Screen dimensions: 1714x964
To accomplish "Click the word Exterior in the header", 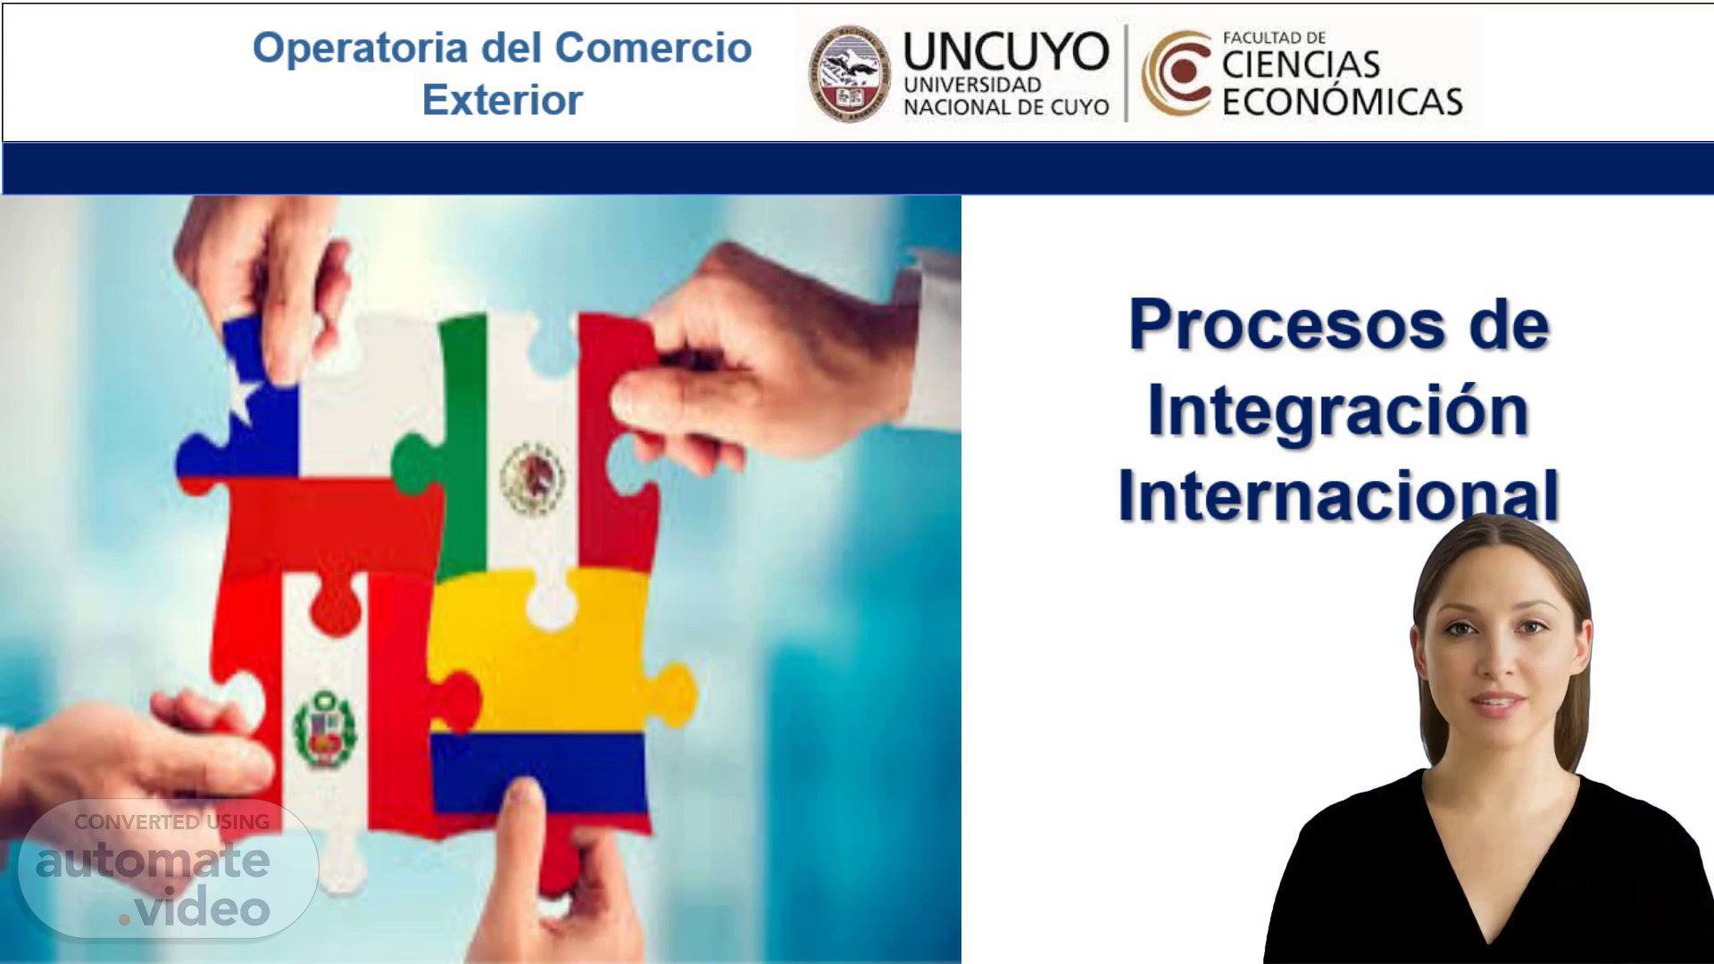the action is pos(502,99).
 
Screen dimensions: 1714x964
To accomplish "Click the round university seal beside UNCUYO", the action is pos(850,73).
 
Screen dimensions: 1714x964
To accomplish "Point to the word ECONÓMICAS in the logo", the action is pos(1342,102).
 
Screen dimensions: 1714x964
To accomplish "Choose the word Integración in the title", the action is pos(1337,411).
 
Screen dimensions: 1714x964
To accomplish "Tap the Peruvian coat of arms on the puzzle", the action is pos(324,728).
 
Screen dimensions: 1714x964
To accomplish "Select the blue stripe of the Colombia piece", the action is pos(538,771).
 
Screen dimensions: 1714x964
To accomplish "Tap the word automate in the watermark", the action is pos(153,860).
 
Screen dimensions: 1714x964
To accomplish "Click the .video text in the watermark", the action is pos(195,909).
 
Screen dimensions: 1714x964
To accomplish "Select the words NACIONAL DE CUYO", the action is pos(1006,107).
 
